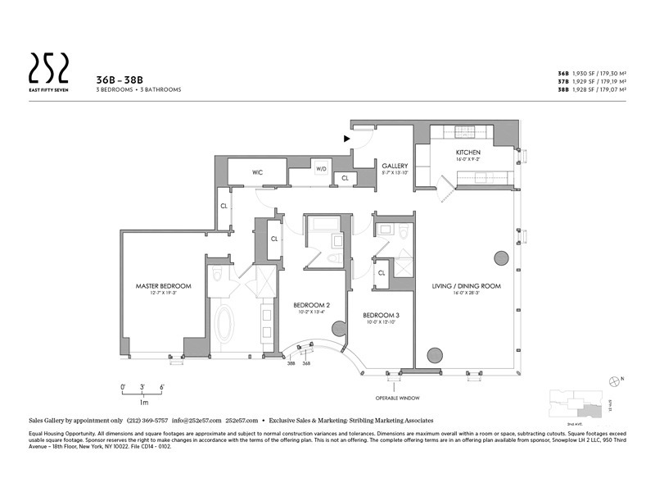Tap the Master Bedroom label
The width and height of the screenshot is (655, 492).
(x=163, y=286)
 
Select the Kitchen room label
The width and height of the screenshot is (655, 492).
(x=468, y=153)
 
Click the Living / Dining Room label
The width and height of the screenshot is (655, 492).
(x=466, y=286)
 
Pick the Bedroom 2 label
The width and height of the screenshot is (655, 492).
(x=311, y=306)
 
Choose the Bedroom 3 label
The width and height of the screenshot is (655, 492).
(x=381, y=316)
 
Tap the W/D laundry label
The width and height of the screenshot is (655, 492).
(x=321, y=169)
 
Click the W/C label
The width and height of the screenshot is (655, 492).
(x=256, y=172)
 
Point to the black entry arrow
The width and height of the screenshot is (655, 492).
(x=347, y=139)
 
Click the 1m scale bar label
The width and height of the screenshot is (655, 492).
(x=143, y=403)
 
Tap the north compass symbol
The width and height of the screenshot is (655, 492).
(x=615, y=379)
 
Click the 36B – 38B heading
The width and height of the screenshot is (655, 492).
(x=114, y=79)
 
